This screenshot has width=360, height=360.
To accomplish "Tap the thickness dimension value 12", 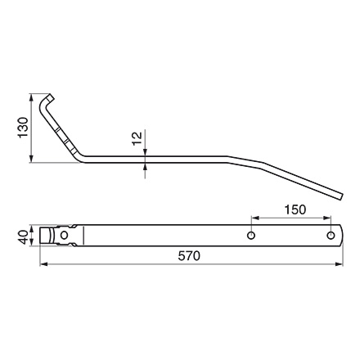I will coord(137,140).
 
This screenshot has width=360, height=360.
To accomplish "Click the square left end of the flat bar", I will coord(46,236).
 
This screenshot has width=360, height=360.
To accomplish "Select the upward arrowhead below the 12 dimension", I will coord(145,164).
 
